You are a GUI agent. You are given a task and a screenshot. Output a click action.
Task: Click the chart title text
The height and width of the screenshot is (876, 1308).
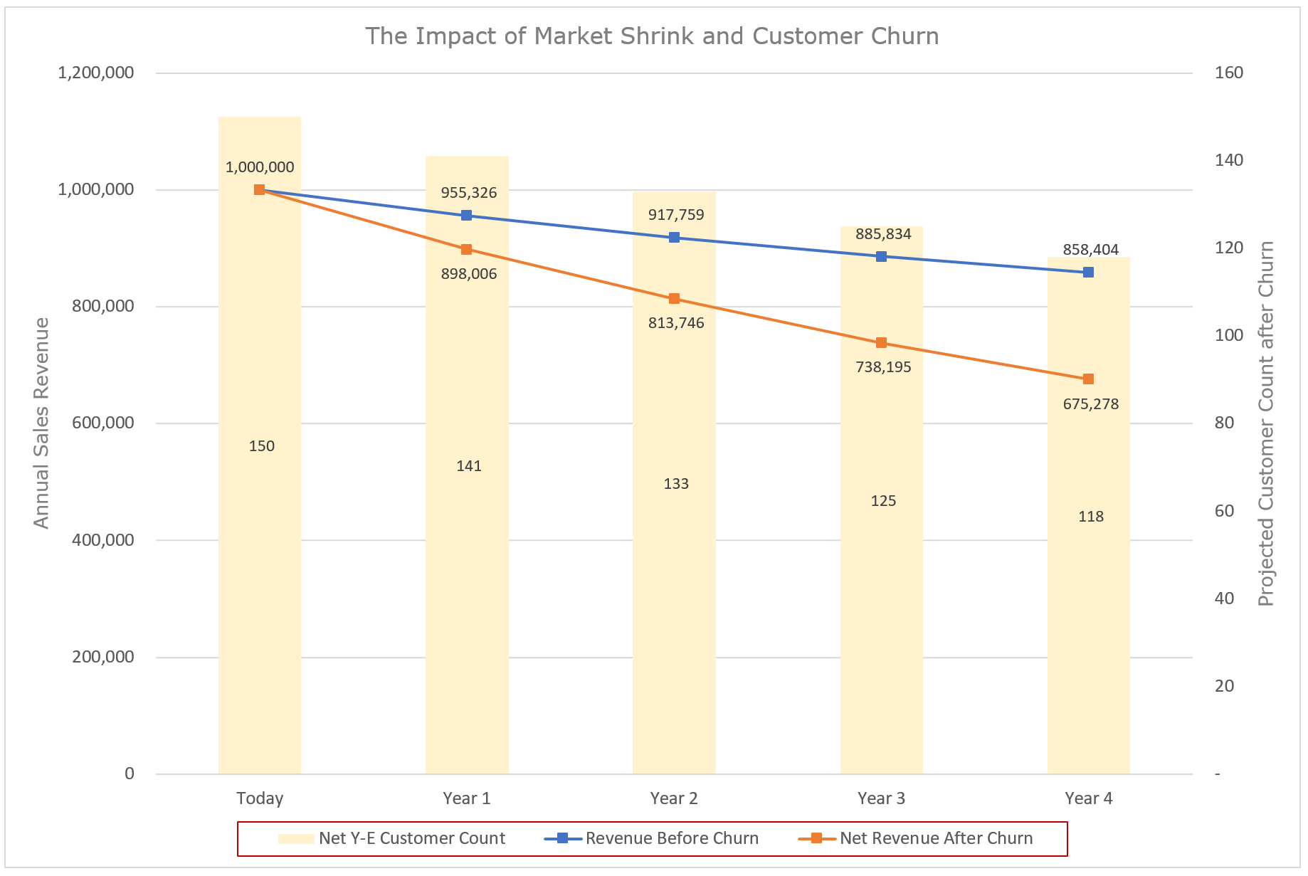click(x=652, y=36)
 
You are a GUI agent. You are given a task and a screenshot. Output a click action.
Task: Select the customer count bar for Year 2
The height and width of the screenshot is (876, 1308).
click(x=674, y=569)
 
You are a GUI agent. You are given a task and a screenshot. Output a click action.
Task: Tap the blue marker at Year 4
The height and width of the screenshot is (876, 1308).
click(x=1088, y=273)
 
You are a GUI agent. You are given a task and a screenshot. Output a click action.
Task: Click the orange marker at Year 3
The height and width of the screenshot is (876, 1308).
click(x=881, y=343)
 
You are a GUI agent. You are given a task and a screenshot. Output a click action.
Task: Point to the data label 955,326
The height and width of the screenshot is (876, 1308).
click(x=468, y=193)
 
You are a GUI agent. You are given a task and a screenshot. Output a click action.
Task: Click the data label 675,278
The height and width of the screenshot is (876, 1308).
click(x=1090, y=404)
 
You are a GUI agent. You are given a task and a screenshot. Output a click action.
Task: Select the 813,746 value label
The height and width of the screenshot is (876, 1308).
click(x=675, y=323)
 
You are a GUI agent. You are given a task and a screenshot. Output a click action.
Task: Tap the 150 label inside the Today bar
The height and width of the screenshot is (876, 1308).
click(x=261, y=446)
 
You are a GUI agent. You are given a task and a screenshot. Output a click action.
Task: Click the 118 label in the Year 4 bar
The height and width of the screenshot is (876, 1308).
click(x=1090, y=517)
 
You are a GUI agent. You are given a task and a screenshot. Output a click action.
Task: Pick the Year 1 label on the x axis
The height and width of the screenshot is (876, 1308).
click(x=466, y=798)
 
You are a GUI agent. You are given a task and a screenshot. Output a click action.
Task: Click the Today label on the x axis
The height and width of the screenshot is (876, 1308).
click(x=260, y=798)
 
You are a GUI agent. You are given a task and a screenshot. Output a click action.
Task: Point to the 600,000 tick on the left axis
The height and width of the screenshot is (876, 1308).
click(x=102, y=423)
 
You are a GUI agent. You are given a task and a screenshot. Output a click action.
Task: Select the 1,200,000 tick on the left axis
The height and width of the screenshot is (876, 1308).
click(x=95, y=73)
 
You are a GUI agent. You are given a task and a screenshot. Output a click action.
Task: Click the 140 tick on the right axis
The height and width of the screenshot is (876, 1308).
click(x=1228, y=160)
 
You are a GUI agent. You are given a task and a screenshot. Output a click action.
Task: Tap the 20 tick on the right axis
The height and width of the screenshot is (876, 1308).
click(x=1224, y=686)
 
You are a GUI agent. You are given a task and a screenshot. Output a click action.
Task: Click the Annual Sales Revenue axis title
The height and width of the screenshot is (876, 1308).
click(x=41, y=423)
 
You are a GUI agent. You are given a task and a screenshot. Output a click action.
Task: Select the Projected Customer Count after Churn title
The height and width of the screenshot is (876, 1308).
click(x=1265, y=423)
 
